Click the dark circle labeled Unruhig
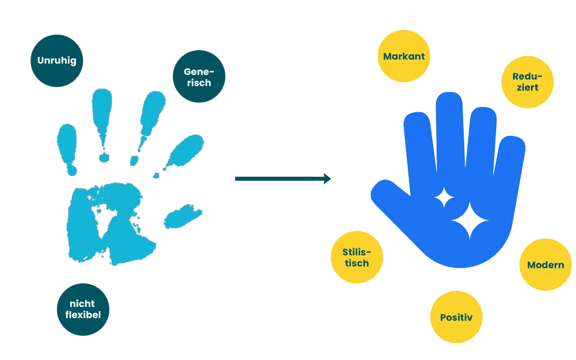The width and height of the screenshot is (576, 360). point(56,60)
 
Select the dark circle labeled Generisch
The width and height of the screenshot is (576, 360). point(199,77)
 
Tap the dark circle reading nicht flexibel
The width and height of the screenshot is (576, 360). point(83,309)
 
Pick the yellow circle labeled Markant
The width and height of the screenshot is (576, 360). point(404,56)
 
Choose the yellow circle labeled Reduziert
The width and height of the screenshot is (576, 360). point(527,82)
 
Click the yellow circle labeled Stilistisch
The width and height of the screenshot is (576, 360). point(357,257)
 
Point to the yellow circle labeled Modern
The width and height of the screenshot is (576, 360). point(545,264)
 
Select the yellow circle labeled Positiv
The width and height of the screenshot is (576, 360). point(456,317)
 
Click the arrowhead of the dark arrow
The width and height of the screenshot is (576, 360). point(327,179)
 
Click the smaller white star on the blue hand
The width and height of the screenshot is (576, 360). point(444,198)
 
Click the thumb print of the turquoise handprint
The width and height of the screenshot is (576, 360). point(182,217)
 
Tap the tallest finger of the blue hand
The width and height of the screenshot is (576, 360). point(450,132)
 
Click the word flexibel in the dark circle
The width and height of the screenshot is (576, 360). point(83,315)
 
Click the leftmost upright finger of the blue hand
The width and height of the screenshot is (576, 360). point(419,147)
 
